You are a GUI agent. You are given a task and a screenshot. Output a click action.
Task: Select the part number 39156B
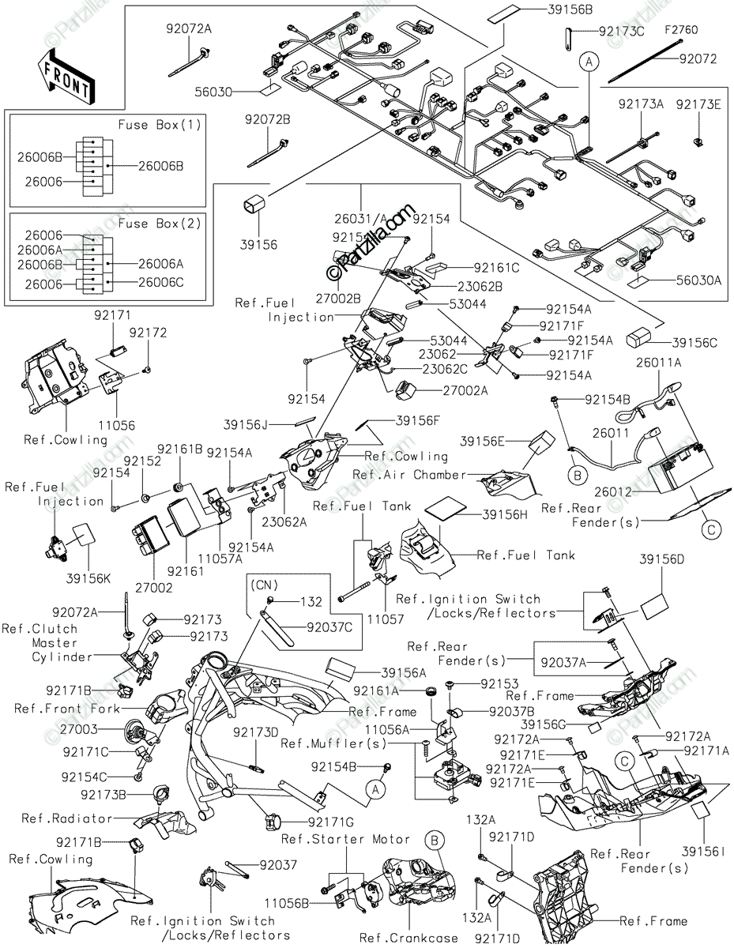570,9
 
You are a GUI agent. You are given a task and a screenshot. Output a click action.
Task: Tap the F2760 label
681,30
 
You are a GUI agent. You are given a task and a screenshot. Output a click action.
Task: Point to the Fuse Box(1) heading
160,125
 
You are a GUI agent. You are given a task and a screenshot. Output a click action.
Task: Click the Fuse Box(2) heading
160,224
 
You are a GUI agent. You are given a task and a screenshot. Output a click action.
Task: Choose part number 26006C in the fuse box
161,282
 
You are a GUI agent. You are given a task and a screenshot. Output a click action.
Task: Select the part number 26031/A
362,218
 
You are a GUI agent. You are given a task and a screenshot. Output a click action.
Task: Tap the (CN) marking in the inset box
265,585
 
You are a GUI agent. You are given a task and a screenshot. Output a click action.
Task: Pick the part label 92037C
329,627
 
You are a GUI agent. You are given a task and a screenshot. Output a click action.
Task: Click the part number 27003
79,729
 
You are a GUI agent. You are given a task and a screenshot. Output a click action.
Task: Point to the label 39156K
88,578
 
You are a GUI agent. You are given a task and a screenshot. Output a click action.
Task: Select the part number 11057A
220,559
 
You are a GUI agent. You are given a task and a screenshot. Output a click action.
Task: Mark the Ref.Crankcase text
408,938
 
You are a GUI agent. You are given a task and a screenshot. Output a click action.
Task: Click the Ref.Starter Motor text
346,839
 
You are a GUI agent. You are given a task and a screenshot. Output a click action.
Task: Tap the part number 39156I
703,851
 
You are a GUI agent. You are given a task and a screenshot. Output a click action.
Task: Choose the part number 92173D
255,732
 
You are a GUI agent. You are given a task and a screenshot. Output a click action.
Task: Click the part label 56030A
698,280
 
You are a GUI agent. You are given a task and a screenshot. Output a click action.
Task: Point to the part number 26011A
659,362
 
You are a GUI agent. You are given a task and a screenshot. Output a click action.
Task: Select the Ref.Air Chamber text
409,474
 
